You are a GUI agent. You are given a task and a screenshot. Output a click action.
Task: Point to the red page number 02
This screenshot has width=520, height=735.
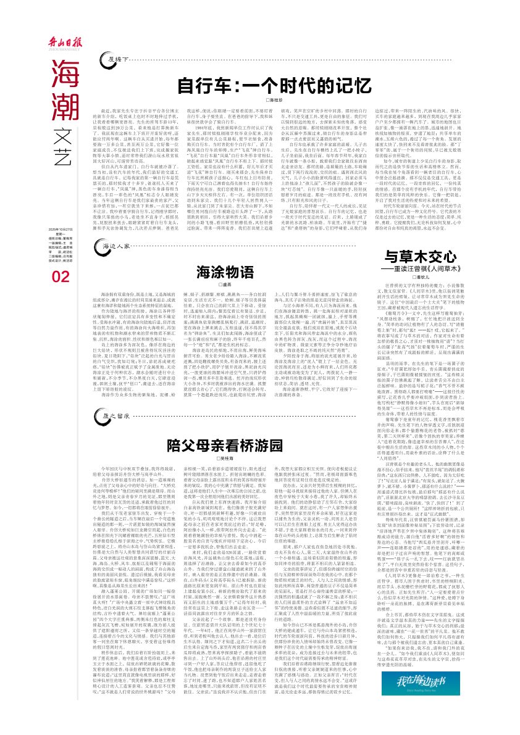(x=61, y=278)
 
